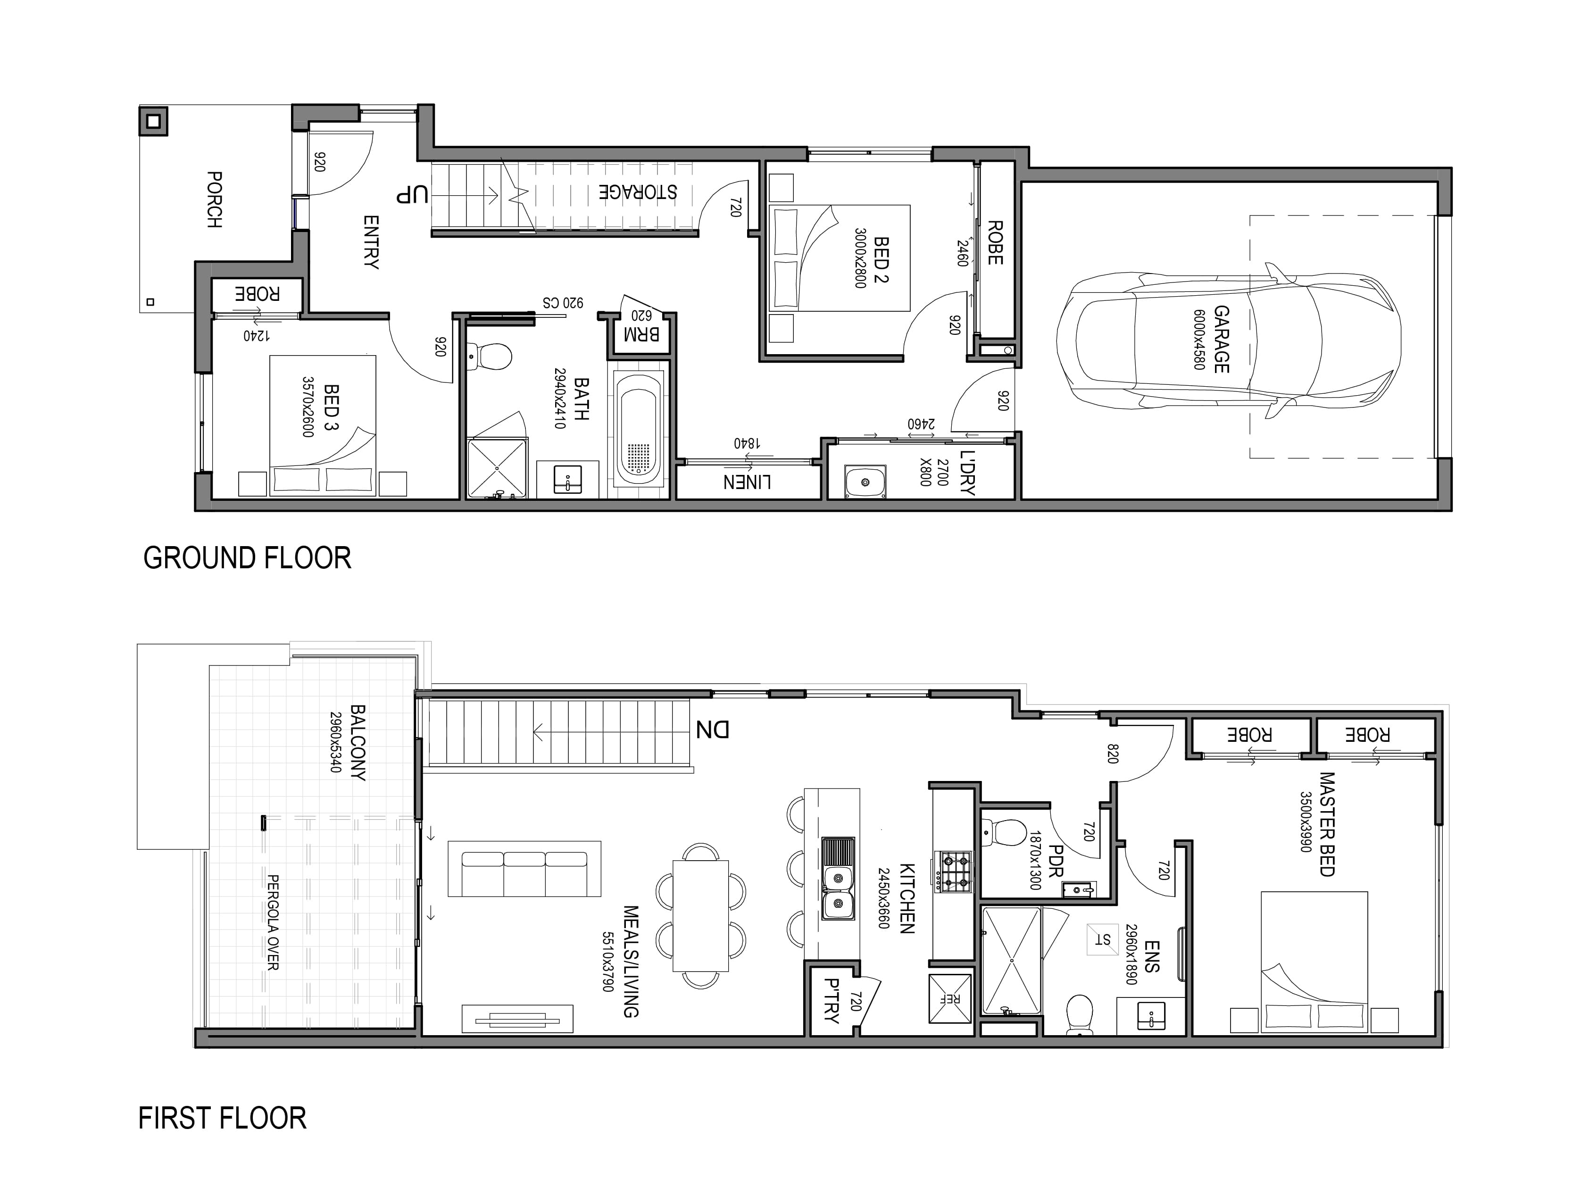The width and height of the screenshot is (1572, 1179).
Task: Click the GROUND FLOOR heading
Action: click(x=247, y=558)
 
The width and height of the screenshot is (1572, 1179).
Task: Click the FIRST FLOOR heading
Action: click(x=223, y=1118)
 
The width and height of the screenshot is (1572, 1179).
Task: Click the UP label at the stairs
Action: click(x=413, y=194)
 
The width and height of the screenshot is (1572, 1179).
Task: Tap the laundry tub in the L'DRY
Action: click(x=865, y=482)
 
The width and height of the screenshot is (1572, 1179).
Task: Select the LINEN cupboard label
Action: click(x=747, y=482)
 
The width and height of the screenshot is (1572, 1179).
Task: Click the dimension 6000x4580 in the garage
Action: click(x=1199, y=340)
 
